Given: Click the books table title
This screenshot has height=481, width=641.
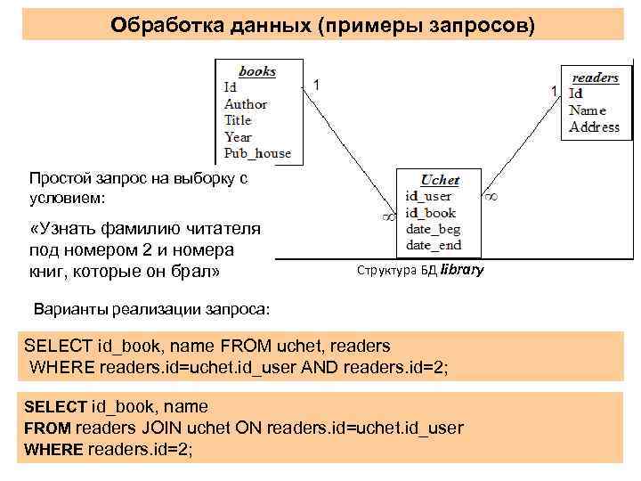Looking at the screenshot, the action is pos(256,71).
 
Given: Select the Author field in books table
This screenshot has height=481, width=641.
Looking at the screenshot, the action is pos(246,104).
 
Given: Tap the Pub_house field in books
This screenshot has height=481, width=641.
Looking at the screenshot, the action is pos(257,153).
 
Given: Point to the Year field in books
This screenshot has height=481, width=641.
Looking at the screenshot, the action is pos(238,136).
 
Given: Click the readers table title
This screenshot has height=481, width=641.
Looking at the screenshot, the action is pos(595,77).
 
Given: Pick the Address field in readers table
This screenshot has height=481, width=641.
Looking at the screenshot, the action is pos(594,127).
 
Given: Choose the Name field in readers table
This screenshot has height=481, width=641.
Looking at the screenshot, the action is pos(588,110).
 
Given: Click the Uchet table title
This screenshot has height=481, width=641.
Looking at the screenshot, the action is pos(439,180).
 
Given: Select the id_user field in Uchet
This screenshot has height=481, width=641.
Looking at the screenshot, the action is pos(428,196).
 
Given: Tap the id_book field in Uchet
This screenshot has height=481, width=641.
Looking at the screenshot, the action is pos(430,213).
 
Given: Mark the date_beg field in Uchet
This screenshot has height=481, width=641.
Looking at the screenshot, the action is pos(432,229).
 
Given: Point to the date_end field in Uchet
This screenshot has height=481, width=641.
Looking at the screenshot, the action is pos(432,245).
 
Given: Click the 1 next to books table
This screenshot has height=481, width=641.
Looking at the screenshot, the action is pos(318,84).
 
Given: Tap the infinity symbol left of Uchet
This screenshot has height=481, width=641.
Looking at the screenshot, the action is pos(387,216).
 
